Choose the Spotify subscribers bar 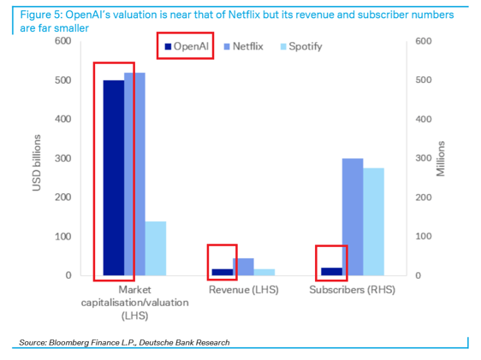click(x=373, y=221)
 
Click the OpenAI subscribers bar click(x=331, y=271)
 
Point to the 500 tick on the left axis click(x=62, y=80)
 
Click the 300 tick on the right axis click(x=423, y=158)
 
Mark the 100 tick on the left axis click(x=62, y=237)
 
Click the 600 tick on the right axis click(x=423, y=41)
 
